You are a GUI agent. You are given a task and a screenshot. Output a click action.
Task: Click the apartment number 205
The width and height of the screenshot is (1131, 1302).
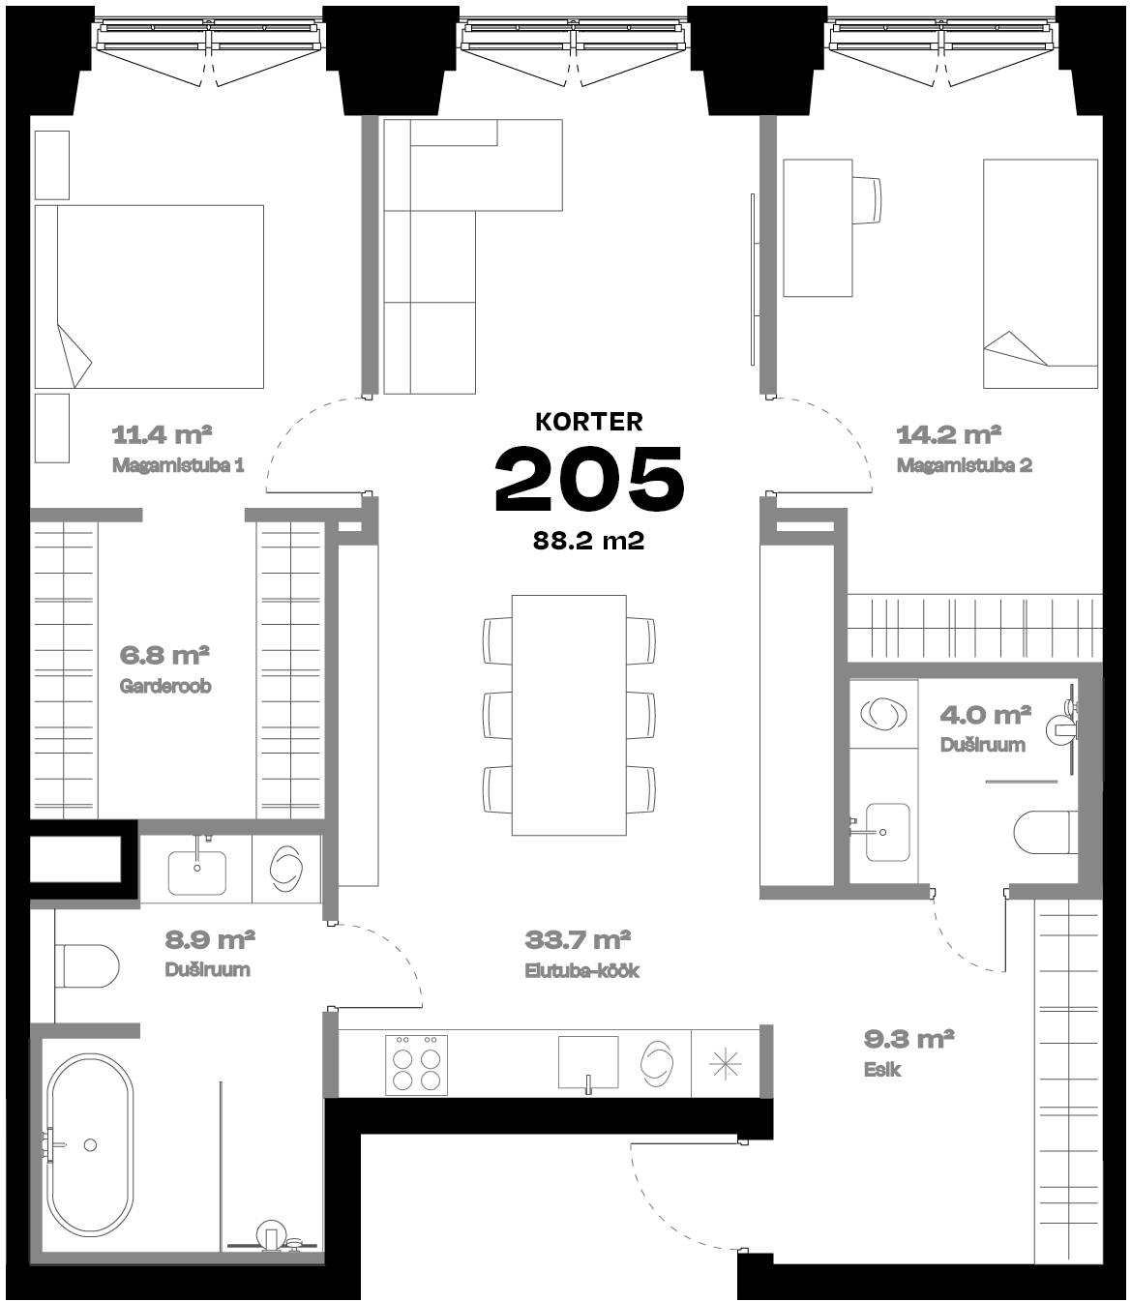coord(589,479)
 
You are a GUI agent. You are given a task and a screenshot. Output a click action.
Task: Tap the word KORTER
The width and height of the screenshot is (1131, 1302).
coord(589,422)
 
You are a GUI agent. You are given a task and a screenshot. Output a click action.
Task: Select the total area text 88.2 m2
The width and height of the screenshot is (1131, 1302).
coord(589,541)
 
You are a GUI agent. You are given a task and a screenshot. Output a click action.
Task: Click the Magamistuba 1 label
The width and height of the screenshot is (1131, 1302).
coord(178,465)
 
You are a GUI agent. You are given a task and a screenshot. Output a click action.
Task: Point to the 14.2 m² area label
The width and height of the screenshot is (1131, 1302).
coord(948,435)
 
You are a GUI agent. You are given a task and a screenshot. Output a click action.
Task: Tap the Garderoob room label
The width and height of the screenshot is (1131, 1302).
coord(165,686)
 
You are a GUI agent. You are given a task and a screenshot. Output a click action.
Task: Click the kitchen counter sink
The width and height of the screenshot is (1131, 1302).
coord(588,1062)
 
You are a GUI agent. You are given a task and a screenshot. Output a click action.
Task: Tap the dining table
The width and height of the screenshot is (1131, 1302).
coord(569,715)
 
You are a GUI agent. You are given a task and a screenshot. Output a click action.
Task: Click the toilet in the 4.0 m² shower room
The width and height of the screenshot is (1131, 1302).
coord(1046,832)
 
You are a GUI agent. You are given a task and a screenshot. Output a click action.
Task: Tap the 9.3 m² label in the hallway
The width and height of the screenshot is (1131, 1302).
coord(908,1040)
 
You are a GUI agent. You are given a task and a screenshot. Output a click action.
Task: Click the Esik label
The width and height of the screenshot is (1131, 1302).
coord(882,1070)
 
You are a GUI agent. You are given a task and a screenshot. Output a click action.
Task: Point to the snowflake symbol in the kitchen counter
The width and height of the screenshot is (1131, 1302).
coord(726,1063)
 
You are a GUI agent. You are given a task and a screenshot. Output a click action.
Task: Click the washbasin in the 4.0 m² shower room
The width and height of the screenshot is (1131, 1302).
coord(888,831)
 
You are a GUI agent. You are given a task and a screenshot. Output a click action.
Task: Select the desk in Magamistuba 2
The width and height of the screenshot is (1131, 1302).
coord(818,228)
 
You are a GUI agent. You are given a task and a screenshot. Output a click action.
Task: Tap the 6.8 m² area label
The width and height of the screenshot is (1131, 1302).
coord(164,655)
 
